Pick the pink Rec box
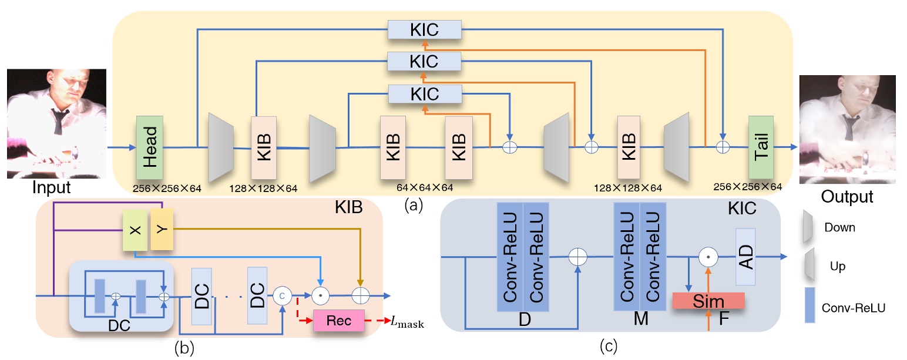pyautogui.click(x=340, y=321)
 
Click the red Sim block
pyautogui.click(x=708, y=301)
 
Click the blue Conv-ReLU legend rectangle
pyautogui.click(x=812, y=306)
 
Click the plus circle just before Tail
pyautogui.click(x=724, y=146)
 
